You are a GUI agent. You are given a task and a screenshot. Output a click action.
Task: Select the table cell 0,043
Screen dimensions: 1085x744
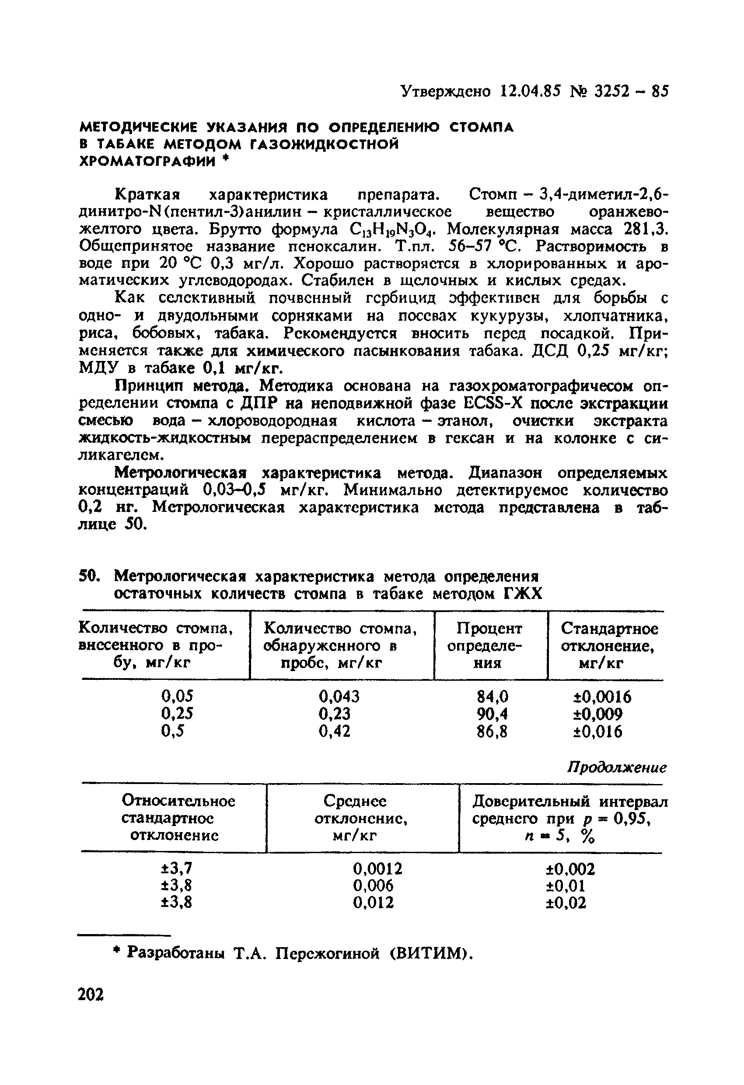(339, 696)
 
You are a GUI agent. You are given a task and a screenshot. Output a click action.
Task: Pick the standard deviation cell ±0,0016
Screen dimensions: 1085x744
(602, 697)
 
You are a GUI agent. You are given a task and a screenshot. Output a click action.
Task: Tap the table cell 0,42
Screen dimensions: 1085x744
(334, 731)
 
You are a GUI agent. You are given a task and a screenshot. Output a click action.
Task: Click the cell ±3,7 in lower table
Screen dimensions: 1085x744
(176, 868)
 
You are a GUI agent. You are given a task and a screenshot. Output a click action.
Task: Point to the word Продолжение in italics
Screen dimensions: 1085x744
(617, 767)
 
